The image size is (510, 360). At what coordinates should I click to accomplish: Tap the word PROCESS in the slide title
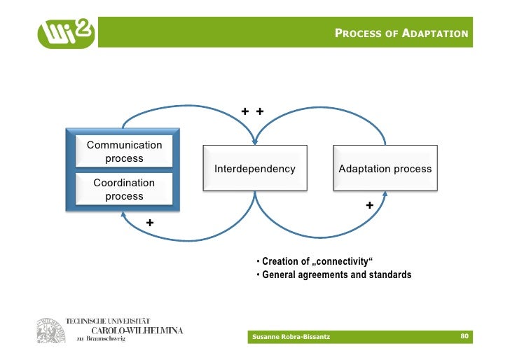pos(359,34)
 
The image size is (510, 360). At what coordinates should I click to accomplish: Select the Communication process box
pos(124,151)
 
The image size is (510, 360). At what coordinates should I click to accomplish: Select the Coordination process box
pos(124,189)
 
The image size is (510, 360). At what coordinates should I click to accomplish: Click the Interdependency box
pos(255,169)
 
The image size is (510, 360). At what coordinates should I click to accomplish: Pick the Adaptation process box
pos(385,169)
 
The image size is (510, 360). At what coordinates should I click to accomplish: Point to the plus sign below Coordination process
pos(149,223)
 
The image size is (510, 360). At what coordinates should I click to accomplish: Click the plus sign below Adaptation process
pos(369,205)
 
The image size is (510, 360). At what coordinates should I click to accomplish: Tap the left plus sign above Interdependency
pos(245,111)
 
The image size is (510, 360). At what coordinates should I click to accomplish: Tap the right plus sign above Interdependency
pos(259,111)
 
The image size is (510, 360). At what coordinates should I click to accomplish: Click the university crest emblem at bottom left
pos(48,330)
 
